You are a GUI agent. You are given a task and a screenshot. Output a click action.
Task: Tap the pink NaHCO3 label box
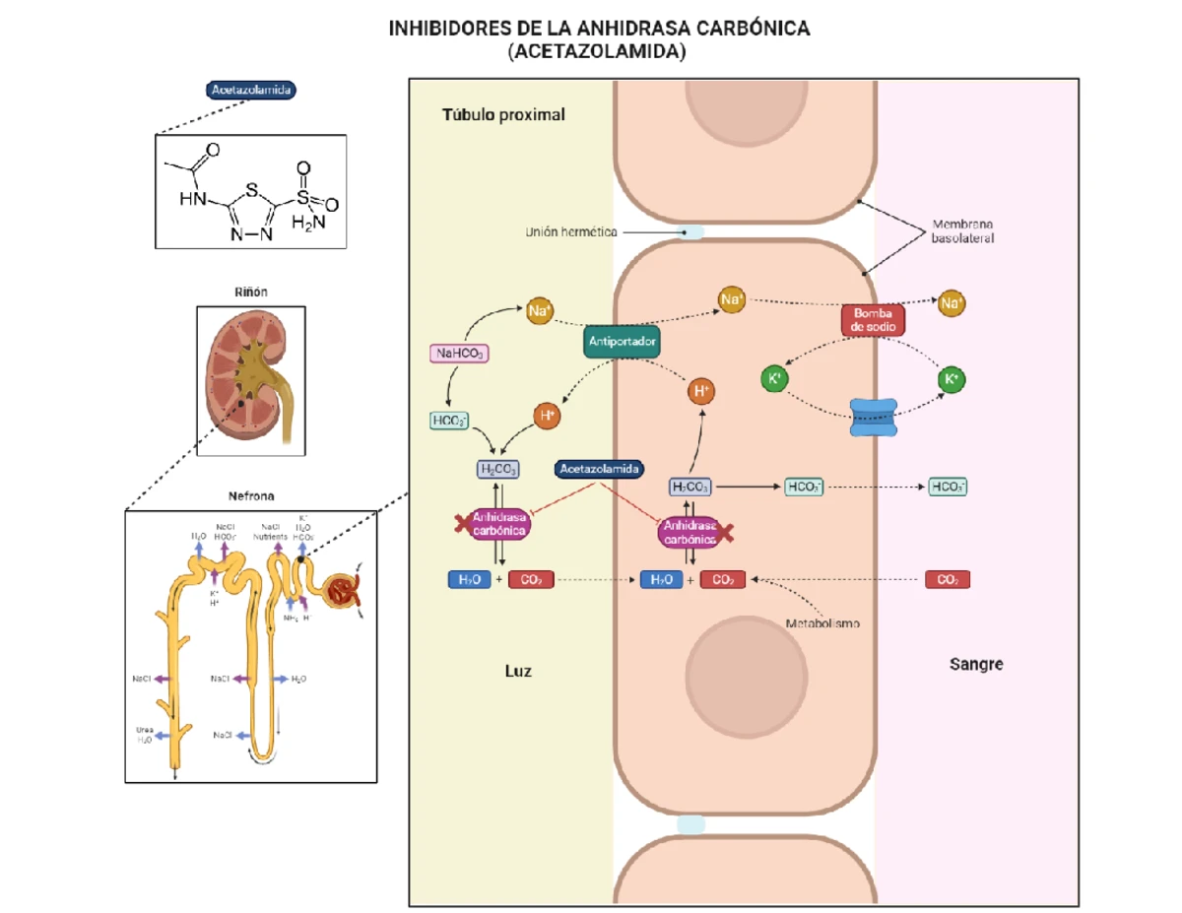460,353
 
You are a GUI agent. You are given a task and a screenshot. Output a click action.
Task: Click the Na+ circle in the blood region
951,303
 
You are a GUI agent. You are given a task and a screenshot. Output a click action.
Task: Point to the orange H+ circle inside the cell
700,391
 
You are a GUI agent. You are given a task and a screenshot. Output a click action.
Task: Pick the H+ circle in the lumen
547,416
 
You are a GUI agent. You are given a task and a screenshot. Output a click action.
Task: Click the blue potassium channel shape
875,418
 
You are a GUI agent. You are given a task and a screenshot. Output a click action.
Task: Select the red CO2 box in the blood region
948,580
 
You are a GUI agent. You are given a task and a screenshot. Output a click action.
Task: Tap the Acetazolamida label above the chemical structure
251,90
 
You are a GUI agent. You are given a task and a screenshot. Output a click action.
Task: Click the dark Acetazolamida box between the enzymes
600,470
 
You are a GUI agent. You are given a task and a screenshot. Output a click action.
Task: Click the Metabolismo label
822,623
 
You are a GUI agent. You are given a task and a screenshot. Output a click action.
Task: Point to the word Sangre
976,664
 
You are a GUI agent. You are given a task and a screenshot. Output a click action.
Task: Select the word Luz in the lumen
518,671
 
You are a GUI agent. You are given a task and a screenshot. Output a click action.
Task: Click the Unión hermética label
571,232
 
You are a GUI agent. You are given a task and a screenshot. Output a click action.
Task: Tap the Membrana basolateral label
962,231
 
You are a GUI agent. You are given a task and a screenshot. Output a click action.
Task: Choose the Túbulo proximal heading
503,115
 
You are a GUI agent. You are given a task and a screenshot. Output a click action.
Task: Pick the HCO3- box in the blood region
948,487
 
